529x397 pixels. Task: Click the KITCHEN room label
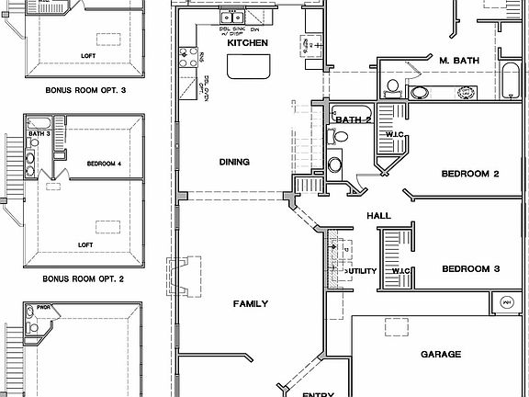pyautogui.click(x=247, y=43)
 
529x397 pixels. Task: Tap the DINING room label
pyautogui.click(x=234, y=162)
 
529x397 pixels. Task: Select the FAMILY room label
pyautogui.click(x=250, y=303)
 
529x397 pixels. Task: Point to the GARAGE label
pyautogui.click(x=441, y=354)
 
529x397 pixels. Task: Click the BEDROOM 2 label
pyautogui.click(x=469, y=174)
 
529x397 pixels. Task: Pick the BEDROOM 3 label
pyautogui.click(x=470, y=269)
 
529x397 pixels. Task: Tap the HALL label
pyautogui.click(x=379, y=215)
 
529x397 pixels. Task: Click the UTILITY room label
pyautogui.click(x=360, y=272)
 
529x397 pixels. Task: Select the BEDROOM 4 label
pyautogui.click(x=104, y=164)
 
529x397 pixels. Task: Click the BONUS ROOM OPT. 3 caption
pyautogui.click(x=84, y=91)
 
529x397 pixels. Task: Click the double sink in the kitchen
pyautogui.click(x=230, y=16)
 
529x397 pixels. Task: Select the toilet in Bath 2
pyautogui.click(x=341, y=136)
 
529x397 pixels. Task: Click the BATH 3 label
pyautogui.click(x=39, y=134)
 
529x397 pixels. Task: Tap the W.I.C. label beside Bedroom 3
pyautogui.click(x=400, y=271)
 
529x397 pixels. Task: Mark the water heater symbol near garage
pyautogui.click(x=505, y=301)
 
